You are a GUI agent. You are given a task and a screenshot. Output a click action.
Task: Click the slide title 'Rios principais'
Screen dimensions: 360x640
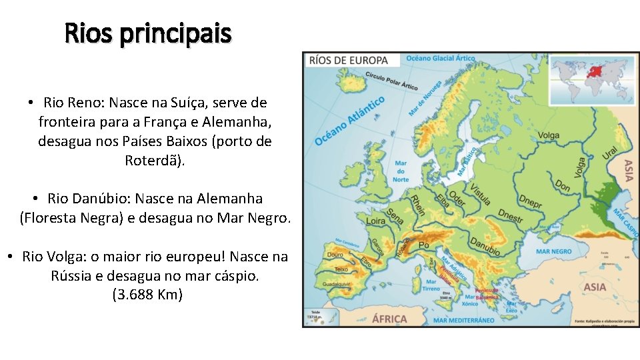tap(148, 33)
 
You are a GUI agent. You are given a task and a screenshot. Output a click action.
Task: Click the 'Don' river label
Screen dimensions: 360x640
tap(563, 186)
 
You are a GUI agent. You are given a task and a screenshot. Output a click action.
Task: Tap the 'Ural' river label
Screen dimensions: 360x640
tap(610, 155)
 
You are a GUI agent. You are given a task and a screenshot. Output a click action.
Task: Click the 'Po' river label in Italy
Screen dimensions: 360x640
tap(423, 246)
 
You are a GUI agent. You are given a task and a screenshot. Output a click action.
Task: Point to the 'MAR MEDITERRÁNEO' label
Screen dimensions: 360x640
tap(464, 320)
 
